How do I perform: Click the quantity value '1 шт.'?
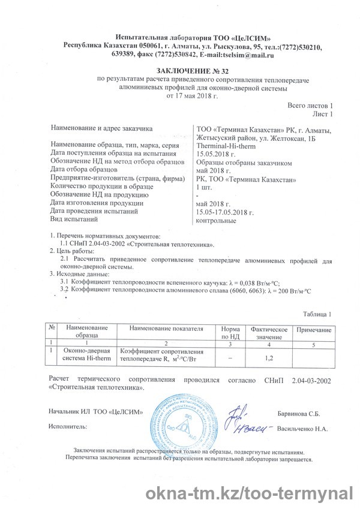click(205, 187)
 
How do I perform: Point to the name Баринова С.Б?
click(298, 414)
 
